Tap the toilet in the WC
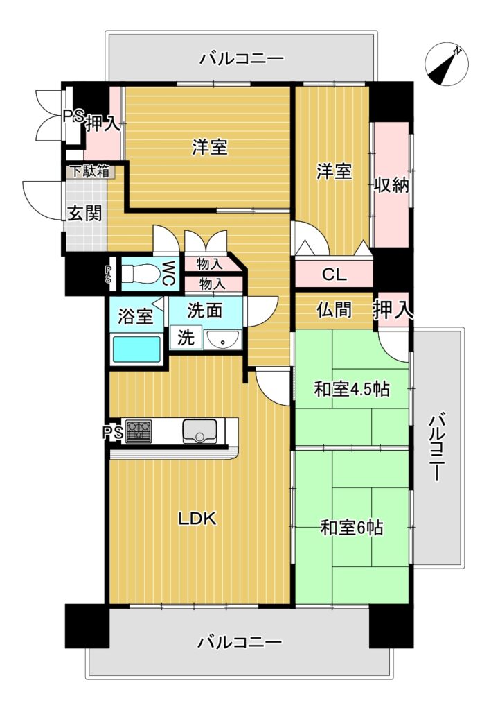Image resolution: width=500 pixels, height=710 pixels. point(139,274)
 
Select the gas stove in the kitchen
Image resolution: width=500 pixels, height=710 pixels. point(139,431)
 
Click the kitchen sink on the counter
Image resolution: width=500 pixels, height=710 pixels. point(199,431)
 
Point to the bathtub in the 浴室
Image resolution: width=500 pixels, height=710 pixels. point(136,349)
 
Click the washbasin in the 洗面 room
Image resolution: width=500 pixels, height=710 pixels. point(222,339)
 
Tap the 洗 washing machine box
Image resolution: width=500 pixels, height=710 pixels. point(186,338)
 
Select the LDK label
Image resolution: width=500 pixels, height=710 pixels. point(197,519)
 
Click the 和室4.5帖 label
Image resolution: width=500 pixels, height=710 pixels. point(352,389)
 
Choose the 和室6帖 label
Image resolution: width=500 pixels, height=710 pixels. point(352,528)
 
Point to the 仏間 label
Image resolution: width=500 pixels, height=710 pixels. point(334,310)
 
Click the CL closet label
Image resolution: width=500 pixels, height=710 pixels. point(334,275)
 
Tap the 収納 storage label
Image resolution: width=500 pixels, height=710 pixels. point(391,185)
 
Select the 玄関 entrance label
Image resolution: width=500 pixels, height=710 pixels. point(84,212)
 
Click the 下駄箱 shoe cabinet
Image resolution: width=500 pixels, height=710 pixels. point(89,172)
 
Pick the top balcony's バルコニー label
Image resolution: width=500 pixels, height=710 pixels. point(242,59)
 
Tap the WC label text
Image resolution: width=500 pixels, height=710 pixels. point(168,273)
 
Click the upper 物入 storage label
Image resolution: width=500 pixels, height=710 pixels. point(209,263)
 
